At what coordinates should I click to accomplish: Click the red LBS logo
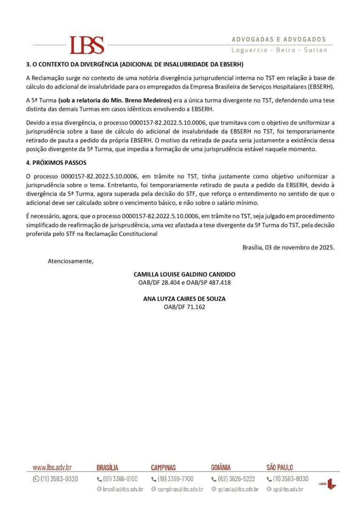(87, 45)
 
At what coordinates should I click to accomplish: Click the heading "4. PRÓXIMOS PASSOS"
(56, 163)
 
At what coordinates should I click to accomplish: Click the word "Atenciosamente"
(70, 261)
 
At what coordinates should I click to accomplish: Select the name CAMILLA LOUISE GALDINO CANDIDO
(184, 274)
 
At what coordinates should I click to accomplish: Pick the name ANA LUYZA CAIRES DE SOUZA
(184, 298)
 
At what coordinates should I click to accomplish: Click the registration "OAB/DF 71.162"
(184, 307)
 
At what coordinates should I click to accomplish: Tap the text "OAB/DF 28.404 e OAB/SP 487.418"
(184, 282)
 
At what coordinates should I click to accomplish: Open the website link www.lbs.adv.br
(52, 467)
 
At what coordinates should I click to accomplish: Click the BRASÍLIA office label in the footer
(107, 467)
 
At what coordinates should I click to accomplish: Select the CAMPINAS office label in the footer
(163, 467)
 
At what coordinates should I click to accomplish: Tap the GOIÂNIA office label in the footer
(221, 467)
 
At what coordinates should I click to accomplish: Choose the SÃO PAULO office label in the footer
(280, 467)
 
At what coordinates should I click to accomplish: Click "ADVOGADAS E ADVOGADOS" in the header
(279, 39)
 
